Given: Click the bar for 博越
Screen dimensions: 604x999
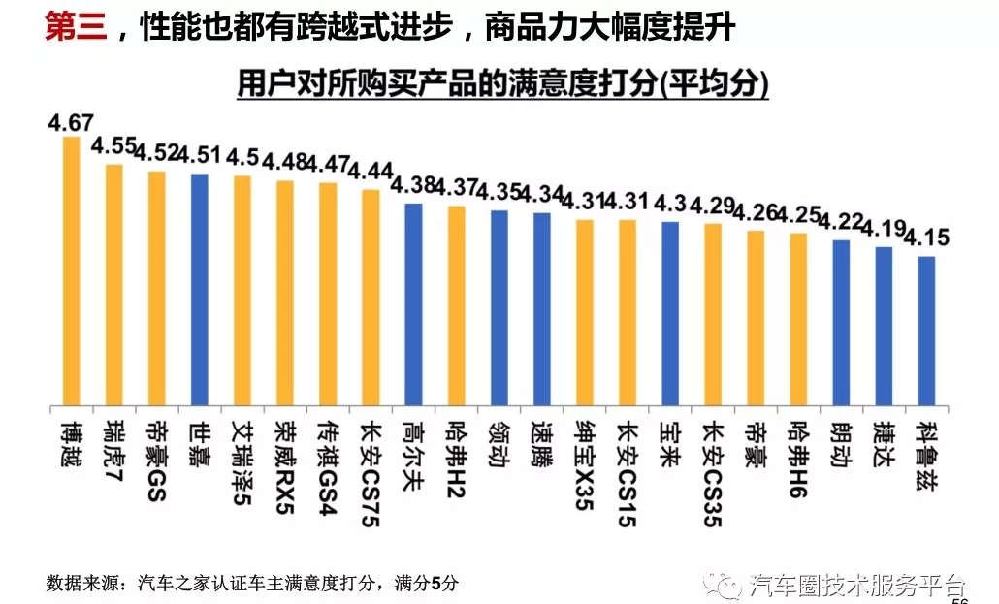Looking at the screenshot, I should point(71,270).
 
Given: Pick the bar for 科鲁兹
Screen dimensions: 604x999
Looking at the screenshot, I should point(926,331).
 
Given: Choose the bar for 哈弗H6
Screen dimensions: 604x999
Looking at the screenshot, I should point(798,319).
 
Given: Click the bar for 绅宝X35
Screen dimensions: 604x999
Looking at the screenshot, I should point(584,312).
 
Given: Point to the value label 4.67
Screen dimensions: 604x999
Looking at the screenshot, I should point(70,123).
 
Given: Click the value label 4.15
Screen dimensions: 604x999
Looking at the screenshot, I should point(925,238).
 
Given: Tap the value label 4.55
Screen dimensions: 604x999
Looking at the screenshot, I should point(113,147).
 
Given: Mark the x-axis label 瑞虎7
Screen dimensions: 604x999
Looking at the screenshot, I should point(113,449).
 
